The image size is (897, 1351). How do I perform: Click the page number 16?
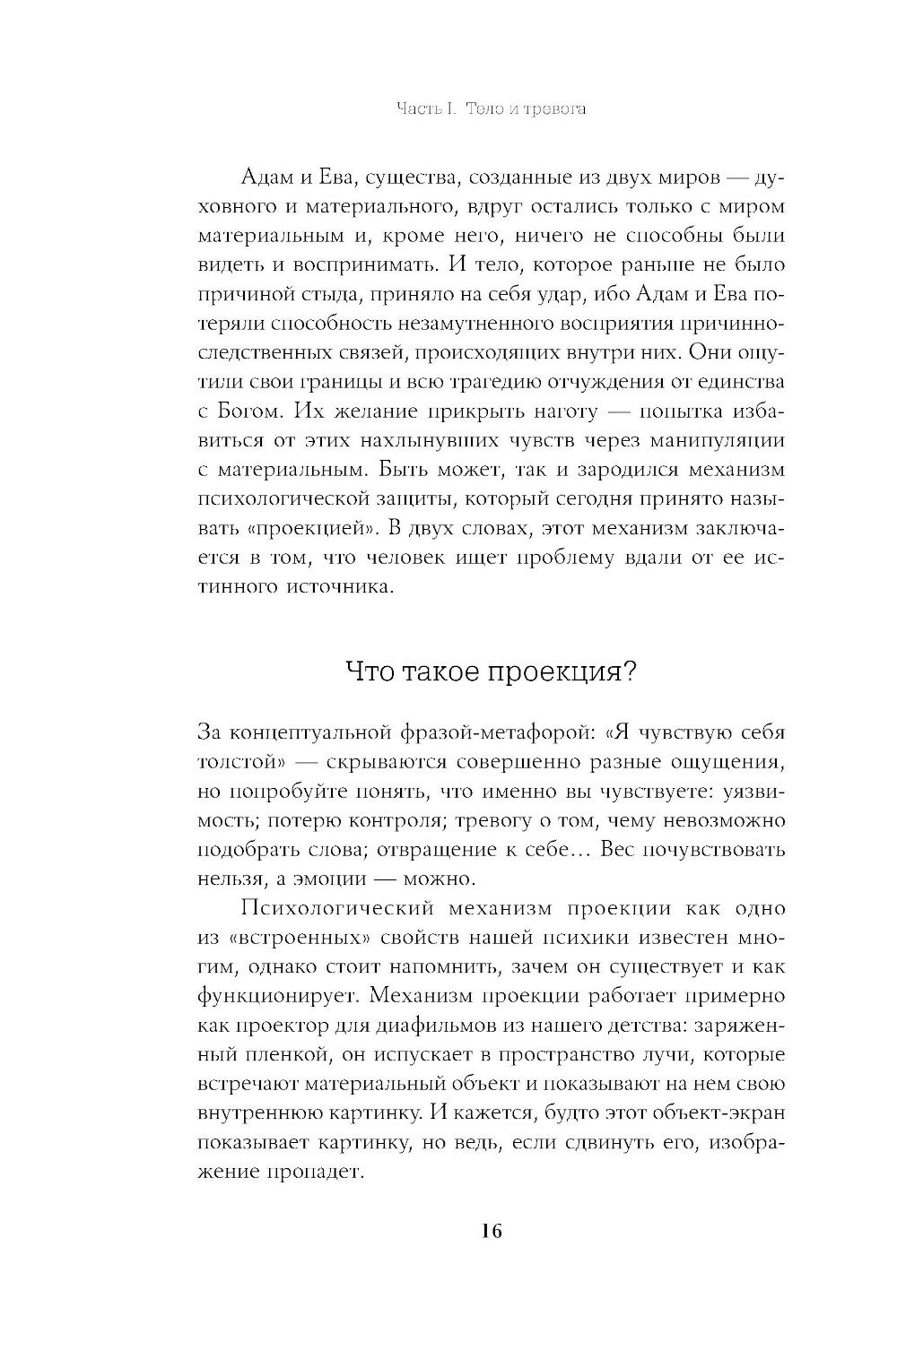pyautogui.click(x=492, y=1230)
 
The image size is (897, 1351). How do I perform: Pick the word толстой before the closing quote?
pyautogui.click(x=239, y=762)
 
